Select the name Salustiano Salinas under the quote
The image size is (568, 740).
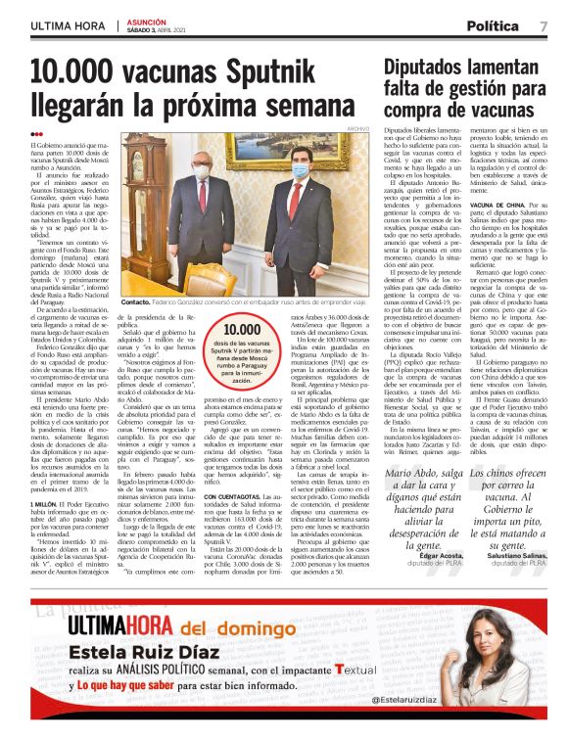pos(517,556)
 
